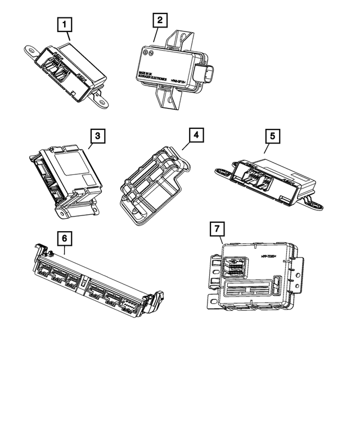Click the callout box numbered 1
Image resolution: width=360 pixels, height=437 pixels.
click(67, 24)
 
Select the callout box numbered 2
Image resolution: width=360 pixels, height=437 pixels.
click(160, 21)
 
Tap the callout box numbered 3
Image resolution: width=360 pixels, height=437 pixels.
click(97, 136)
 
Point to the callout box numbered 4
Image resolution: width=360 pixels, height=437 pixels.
click(195, 136)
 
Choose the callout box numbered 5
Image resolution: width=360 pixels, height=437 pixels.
click(272, 136)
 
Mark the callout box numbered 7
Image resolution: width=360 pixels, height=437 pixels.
click(216, 229)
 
